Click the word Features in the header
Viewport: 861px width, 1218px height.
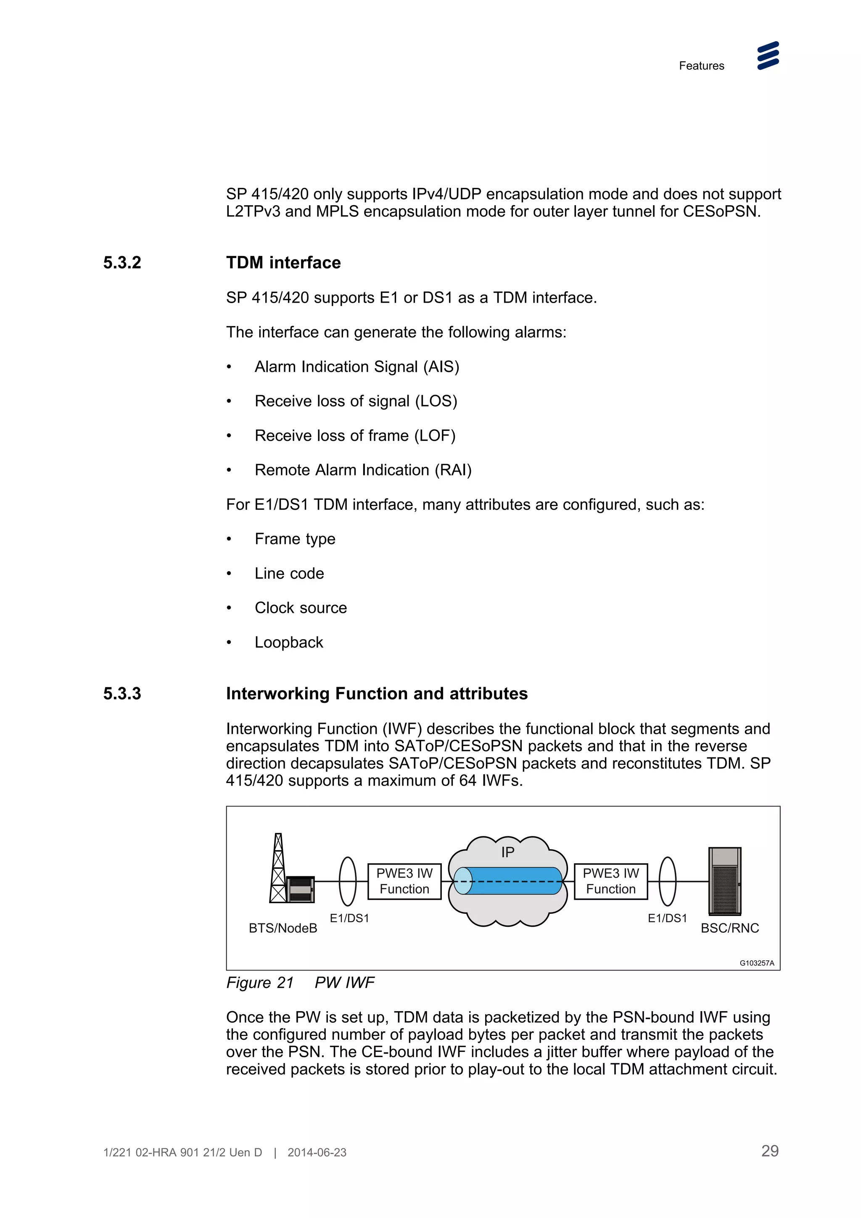click(701, 66)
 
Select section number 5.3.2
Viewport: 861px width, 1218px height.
click(122, 263)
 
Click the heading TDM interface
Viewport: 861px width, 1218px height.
click(283, 263)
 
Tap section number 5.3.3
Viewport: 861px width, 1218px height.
click(122, 693)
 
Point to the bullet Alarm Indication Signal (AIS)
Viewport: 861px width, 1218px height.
click(357, 366)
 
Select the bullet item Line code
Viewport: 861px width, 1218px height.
click(289, 573)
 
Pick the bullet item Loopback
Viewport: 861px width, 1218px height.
click(288, 643)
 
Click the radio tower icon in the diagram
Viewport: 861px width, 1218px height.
click(278, 868)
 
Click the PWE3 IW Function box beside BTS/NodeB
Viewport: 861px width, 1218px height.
click(404, 881)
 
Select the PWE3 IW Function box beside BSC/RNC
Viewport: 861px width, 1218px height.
click(610, 881)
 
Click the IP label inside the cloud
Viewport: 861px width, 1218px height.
click(508, 852)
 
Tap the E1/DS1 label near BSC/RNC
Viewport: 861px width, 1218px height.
click(667, 918)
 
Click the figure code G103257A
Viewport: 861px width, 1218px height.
click(756, 963)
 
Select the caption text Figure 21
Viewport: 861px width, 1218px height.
click(260, 983)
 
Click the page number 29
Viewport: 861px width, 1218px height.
click(770, 1151)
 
